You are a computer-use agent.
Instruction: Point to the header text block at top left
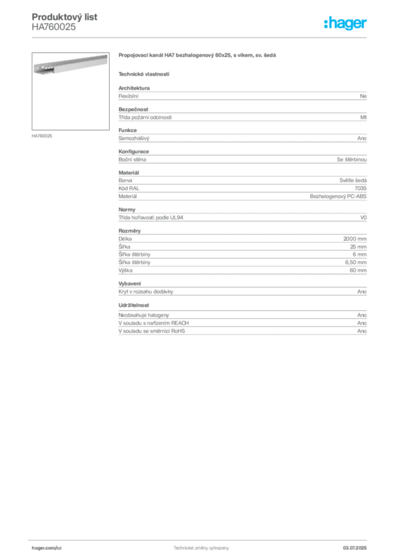tap(65, 21)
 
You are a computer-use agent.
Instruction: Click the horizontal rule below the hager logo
tap(201, 37)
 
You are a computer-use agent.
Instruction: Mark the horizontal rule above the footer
tap(201, 539)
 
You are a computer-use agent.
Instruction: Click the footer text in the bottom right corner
tap(358, 546)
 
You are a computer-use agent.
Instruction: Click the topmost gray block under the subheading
tap(242, 95)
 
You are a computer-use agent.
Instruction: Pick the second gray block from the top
tap(242, 115)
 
